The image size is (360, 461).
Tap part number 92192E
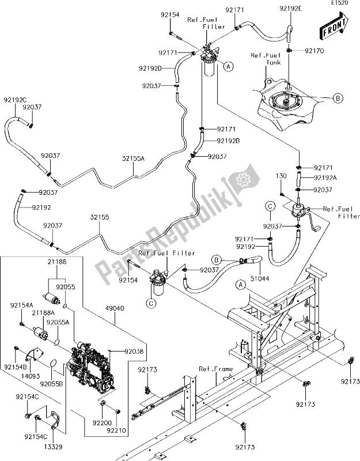click(x=291, y=9)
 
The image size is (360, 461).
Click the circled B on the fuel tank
click(x=338, y=99)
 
